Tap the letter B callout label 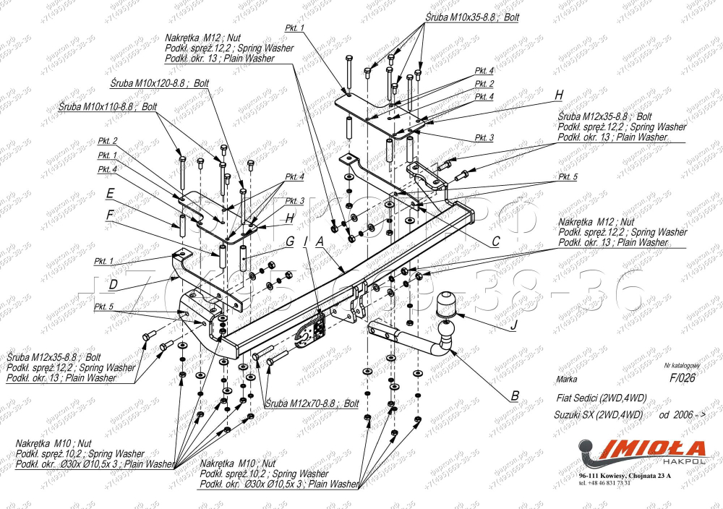coord(515,395)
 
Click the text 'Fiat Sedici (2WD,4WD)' coord(602,398)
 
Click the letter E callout coord(110,193)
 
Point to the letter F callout coord(109,214)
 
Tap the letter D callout coord(113,285)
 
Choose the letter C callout coord(496,243)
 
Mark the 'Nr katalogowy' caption coord(683,367)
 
